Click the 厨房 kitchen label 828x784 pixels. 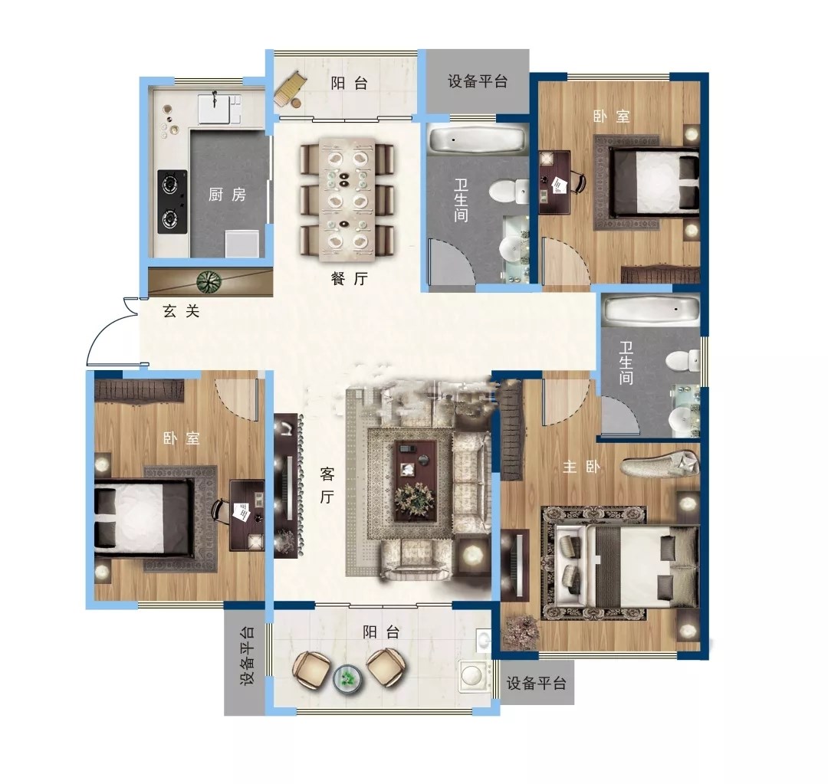coord(227,195)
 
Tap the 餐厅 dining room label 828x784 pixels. coord(349,279)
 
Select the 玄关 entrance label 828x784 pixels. coord(181,311)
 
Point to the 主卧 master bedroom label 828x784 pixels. coord(581,467)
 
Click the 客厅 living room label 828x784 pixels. coord(327,485)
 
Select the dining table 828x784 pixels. coord(347,199)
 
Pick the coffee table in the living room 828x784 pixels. coord(416,481)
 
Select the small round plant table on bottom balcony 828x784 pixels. coord(347,677)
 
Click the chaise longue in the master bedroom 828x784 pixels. coord(660,464)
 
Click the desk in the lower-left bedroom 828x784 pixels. coord(247,515)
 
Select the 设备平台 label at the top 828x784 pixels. coord(478,81)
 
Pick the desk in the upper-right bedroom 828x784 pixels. coord(554,182)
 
